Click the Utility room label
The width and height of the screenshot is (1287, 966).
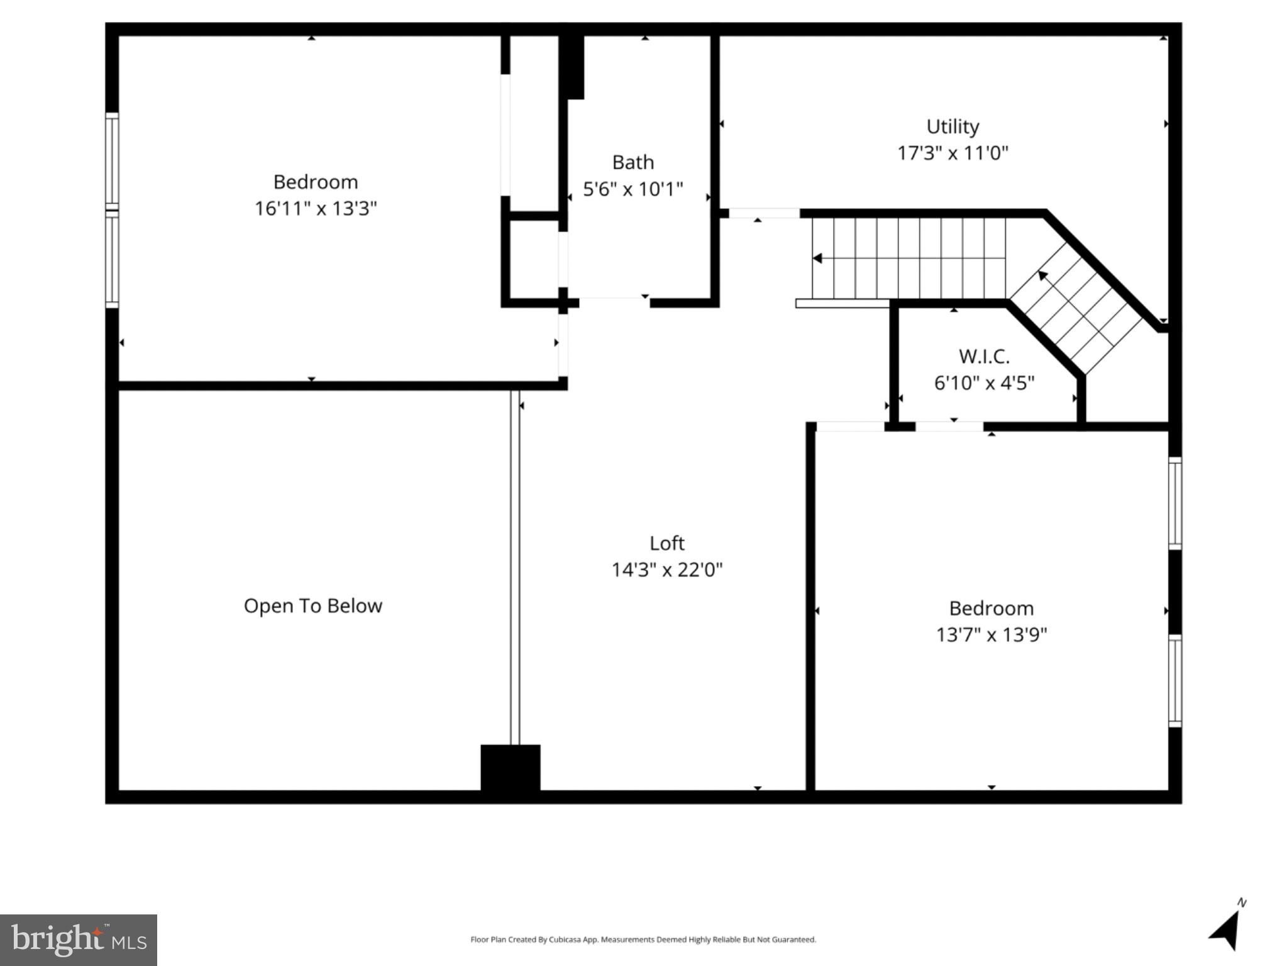pyautogui.click(x=953, y=126)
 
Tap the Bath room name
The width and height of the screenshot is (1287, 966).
pyautogui.click(x=633, y=162)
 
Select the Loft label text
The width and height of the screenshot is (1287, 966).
pyautogui.click(x=667, y=543)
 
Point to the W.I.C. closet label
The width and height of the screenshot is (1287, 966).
pyautogui.click(x=984, y=357)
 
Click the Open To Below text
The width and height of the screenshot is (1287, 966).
pyautogui.click(x=313, y=606)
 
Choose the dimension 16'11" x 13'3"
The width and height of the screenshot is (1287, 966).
pyautogui.click(x=316, y=208)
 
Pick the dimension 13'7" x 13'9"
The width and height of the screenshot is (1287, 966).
pyautogui.click(x=991, y=635)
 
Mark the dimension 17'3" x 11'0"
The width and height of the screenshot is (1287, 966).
pyautogui.click(x=953, y=153)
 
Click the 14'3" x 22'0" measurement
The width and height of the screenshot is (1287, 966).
pyautogui.click(x=667, y=570)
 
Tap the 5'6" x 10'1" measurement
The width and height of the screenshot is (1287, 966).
pyautogui.click(x=633, y=189)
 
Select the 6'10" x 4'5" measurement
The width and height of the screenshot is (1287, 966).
pyautogui.click(x=984, y=383)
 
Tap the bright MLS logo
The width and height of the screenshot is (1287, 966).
pyautogui.click(x=79, y=940)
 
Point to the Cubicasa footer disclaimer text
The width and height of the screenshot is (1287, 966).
pyautogui.click(x=643, y=940)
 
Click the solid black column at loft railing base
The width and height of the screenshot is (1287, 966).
pyautogui.click(x=511, y=767)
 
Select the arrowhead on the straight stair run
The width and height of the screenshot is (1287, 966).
pyautogui.click(x=817, y=258)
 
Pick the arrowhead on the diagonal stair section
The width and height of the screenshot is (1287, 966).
pyautogui.click(x=1042, y=275)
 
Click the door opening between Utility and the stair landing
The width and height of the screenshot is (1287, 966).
pyautogui.click(x=764, y=213)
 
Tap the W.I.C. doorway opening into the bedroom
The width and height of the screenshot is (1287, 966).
pyautogui.click(x=949, y=426)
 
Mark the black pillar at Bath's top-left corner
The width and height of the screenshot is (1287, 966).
pyautogui.click(x=572, y=67)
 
